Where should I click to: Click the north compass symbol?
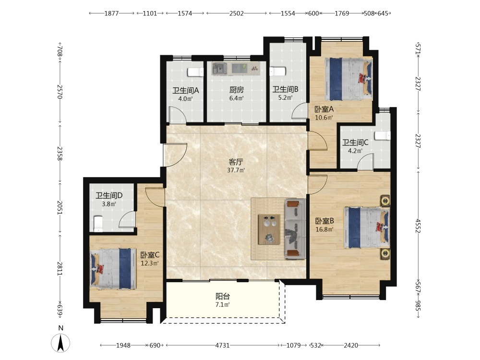click(x=60, y=342)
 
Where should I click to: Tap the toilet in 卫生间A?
click(x=196, y=72)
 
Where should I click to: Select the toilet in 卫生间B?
click(x=277, y=72)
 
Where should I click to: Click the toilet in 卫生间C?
click(x=383, y=136)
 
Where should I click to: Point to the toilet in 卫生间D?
click(x=97, y=224)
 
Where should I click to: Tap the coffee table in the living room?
click(x=269, y=229)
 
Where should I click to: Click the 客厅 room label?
click(x=236, y=162)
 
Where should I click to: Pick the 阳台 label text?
click(x=223, y=296)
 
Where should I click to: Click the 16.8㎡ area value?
click(x=324, y=229)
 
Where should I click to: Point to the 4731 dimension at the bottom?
click(x=223, y=345)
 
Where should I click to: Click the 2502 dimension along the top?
click(x=237, y=13)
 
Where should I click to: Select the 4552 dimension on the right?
click(x=418, y=225)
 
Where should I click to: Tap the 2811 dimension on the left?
click(x=60, y=268)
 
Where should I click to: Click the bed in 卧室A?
click(x=348, y=79)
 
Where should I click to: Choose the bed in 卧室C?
click(x=113, y=269)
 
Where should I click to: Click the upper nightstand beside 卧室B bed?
click(x=385, y=201)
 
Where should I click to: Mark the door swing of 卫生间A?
click(x=178, y=115)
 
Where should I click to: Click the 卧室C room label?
click(x=150, y=255)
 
